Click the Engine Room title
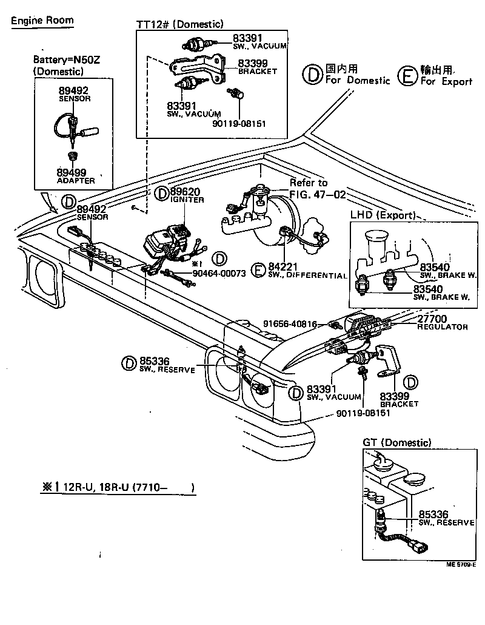[42, 20]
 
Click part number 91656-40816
[290, 324]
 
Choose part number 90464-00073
[219, 273]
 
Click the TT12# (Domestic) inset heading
[180, 24]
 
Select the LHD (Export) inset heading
[383, 215]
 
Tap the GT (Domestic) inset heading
[397, 443]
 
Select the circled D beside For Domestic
[311, 75]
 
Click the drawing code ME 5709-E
[461, 564]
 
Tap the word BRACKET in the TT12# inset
[257, 71]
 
